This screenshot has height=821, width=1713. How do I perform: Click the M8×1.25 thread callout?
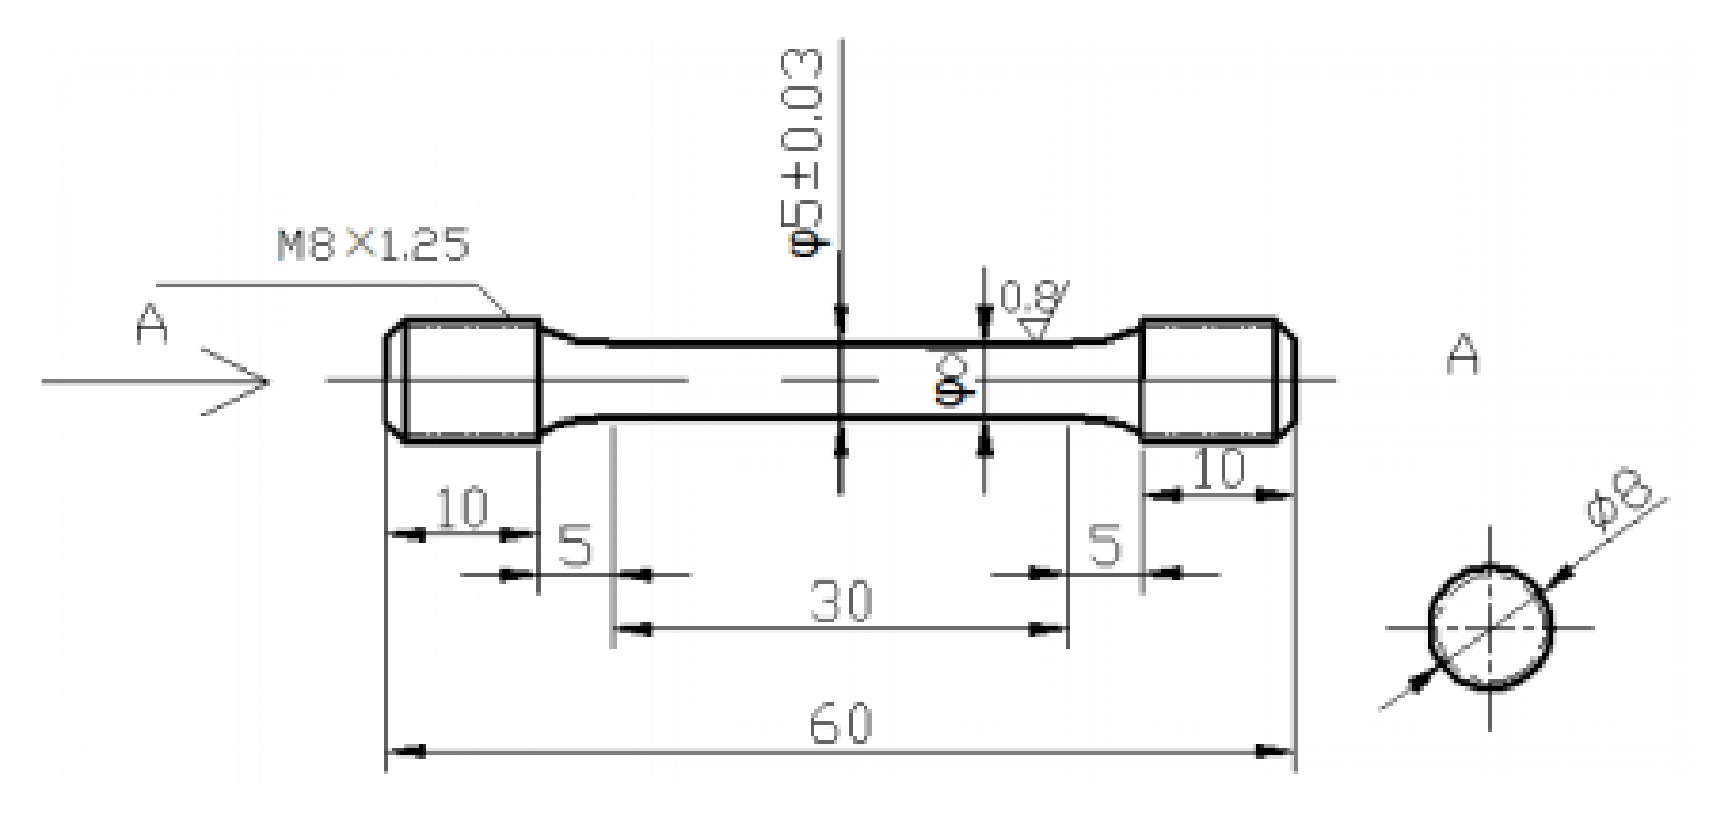[x=373, y=245]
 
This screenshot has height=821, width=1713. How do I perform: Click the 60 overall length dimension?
[x=840, y=725]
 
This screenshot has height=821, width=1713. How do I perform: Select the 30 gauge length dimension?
[x=841, y=602]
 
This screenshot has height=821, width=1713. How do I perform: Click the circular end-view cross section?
[x=1491, y=628]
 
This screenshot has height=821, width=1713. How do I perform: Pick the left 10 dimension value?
[x=462, y=509]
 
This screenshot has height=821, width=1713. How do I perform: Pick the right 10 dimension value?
[x=1221, y=470]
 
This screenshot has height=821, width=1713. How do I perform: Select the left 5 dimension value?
[x=575, y=546]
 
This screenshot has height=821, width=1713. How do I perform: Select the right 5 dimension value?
[x=1104, y=546]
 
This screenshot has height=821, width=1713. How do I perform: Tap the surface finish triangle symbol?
[x=1035, y=328]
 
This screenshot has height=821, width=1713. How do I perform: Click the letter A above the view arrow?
[x=153, y=326]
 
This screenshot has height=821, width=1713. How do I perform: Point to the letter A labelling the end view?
[x=1462, y=355]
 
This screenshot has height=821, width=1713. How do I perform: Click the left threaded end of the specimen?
[x=463, y=381]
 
